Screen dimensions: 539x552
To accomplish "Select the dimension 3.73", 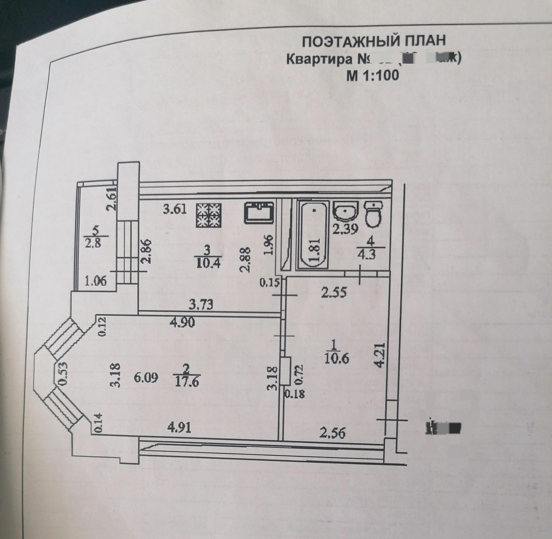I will pyautogui.click(x=201, y=305).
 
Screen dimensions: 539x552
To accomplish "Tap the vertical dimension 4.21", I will pyautogui.click(x=380, y=355).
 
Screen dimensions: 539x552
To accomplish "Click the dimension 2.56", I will pyautogui.click(x=332, y=432).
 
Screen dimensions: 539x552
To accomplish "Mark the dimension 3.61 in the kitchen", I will pyautogui.click(x=175, y=210).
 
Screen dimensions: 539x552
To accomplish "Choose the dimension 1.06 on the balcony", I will pyautogui.click(x=96, y=281).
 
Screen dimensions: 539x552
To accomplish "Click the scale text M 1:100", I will pyautogui.click(x=372, y=75).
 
